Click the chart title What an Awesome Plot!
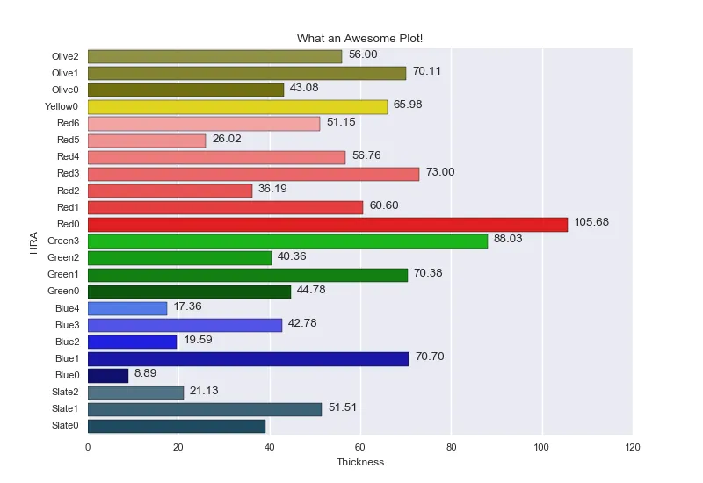359,39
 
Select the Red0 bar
327,224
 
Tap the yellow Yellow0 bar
237,106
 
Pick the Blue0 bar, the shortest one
108,375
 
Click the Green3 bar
287,241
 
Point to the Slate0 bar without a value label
177,426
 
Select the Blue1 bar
248,358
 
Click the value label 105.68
591,222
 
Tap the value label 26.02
227,139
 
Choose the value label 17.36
188,306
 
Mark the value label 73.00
440,172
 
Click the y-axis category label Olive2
65,56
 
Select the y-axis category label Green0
63,292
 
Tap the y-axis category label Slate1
65,409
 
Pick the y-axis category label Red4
68,157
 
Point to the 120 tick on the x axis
633,447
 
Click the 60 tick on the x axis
360,447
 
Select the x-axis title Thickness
360,463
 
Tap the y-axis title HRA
33,241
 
